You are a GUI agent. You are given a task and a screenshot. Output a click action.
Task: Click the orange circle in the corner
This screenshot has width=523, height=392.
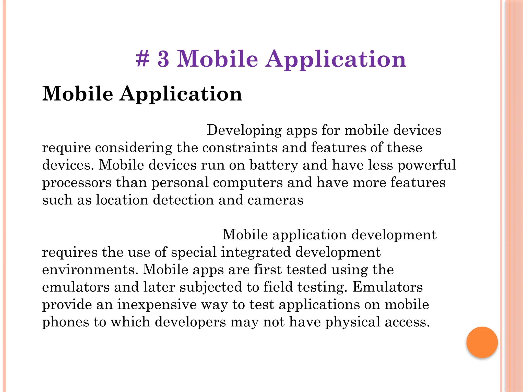tap(482, 342)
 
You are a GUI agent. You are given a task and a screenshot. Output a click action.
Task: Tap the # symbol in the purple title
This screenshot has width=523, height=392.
tap(142, 59)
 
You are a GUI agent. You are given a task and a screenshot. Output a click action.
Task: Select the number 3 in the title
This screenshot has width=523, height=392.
tap(163, 59)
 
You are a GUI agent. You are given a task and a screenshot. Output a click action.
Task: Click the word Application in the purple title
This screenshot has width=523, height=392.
tap(336, 59)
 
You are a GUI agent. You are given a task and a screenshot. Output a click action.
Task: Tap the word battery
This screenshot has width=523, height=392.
tap(274, 165)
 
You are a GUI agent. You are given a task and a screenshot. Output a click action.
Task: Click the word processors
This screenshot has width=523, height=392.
tap(77, 183)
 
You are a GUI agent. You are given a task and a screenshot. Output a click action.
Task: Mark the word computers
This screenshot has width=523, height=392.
tap(248, 183)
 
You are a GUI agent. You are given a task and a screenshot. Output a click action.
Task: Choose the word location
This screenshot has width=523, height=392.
tap(122, 200)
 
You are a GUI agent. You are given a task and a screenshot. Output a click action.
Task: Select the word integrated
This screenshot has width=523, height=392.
tap(256, 252)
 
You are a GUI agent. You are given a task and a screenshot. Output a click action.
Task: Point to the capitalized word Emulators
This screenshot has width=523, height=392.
tap(388, 287)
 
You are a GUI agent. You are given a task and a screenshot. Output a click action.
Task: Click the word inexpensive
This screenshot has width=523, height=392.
tap(157, 305)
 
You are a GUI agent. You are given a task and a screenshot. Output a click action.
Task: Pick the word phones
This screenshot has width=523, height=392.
tap(65, 322)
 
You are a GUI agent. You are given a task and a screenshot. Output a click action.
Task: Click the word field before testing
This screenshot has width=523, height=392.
tap(278, 287)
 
